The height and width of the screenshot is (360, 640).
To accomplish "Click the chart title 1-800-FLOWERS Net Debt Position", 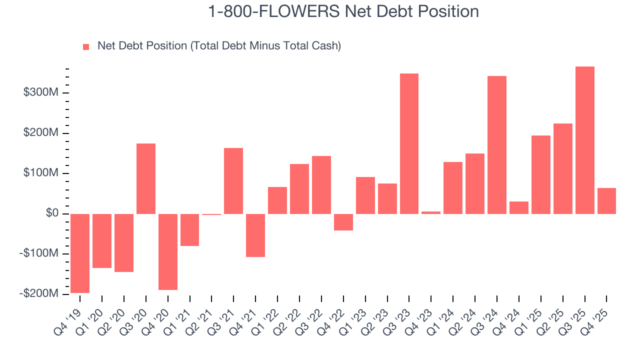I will coord(343,11).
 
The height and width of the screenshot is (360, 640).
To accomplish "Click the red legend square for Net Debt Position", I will coord(86,46).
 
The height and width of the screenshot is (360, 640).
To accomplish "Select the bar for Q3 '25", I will coord(584,140).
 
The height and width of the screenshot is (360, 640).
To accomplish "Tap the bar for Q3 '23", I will coord(409,143).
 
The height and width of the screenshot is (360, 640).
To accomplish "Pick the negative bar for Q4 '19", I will coord(80,253).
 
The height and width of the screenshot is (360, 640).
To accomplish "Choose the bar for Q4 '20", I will coord(168,252).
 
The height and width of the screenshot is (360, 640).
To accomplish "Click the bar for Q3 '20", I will coord(146,178).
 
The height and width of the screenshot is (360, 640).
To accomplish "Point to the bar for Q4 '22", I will coord(343,222).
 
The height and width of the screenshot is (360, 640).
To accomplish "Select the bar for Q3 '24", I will coord(497,145).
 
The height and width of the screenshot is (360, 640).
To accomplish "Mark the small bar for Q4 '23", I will coord(431,212).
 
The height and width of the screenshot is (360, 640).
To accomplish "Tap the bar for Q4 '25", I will coord(606,201).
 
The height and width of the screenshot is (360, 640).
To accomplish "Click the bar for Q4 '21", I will coord(255,235).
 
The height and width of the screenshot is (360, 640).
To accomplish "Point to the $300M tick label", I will coord(41,93).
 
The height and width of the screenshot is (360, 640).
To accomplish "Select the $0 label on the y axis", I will coord(52,213).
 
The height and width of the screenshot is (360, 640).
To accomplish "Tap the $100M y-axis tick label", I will coord(41,173).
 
